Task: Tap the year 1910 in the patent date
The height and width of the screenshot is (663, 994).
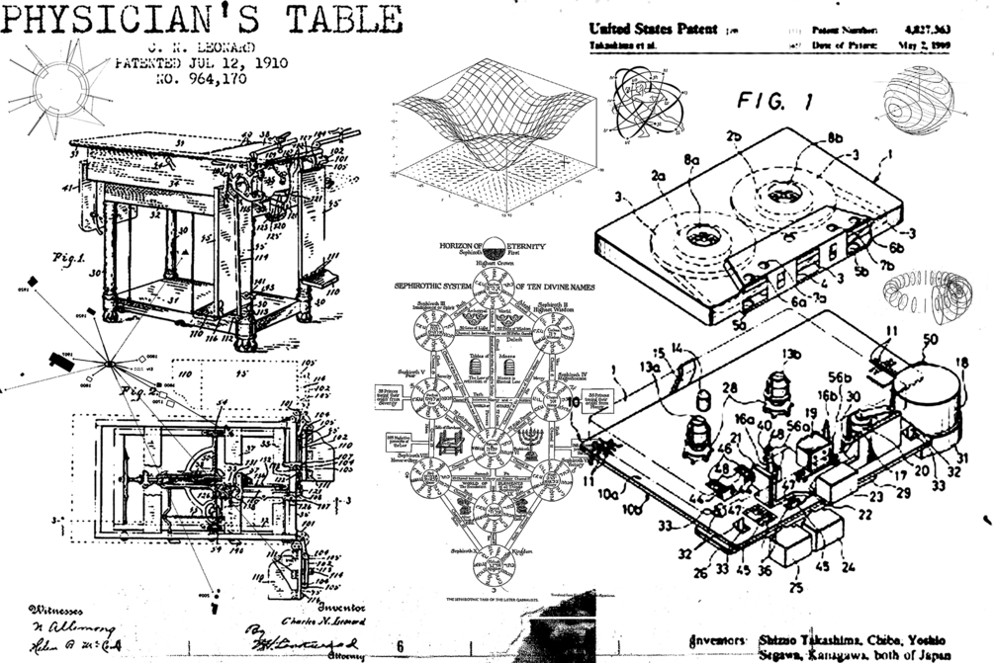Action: [262, 62]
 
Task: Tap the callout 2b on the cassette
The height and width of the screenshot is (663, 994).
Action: [733, 136]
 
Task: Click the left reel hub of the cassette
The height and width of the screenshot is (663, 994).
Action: [704, 236]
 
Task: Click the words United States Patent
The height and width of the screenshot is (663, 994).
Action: [654, 30]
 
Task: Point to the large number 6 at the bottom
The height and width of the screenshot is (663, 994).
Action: [399, 646]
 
